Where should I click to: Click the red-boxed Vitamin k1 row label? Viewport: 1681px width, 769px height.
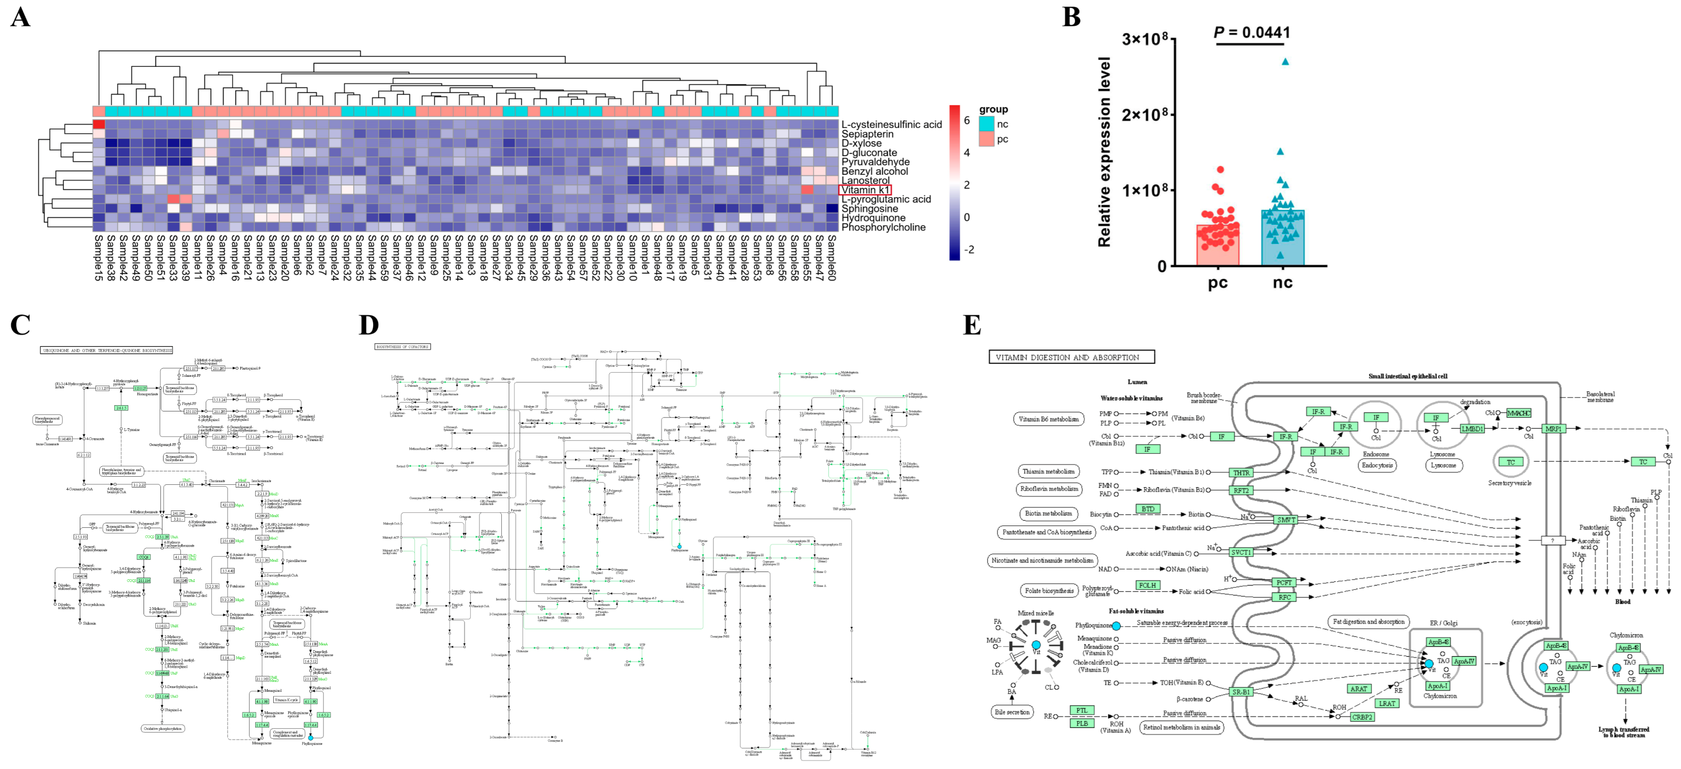tap(864, 190)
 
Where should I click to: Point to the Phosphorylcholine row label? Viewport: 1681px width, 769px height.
tap(883, 227)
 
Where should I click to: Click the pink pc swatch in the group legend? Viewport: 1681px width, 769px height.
tap(986, 139)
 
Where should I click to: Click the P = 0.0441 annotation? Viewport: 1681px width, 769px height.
tap(1251, 32)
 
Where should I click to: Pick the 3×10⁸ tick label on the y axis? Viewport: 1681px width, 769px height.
tap(1144, 39)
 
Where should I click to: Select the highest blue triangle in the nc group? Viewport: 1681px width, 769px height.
tap(1285, 62)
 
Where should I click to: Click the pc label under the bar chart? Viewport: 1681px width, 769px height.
tap(1218, 283)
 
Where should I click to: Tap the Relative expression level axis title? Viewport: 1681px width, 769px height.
tap(1104, 151)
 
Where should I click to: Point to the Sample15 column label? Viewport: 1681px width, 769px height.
tap(98, 258)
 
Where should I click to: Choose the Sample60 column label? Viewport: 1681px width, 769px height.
tap(831, 258)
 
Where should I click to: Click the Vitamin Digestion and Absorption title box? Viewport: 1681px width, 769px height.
tap(1071, 357)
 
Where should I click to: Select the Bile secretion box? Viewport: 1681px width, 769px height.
tap(1012, 712)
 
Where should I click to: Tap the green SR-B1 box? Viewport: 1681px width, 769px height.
tap(1241, 692)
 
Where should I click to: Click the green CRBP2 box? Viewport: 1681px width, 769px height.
tap(1362, 717)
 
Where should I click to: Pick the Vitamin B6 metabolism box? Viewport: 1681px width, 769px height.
tap(1048, 419)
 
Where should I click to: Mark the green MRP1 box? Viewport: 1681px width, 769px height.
tap(1554, 429)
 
